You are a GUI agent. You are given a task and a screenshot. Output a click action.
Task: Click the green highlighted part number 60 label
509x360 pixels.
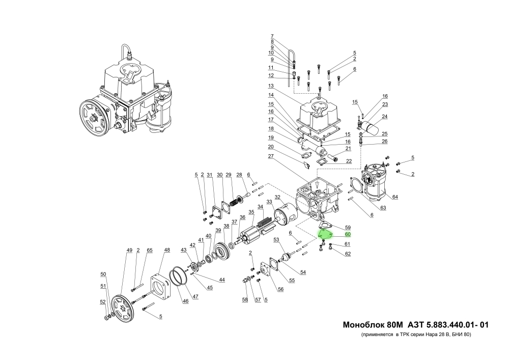tap(348, 235)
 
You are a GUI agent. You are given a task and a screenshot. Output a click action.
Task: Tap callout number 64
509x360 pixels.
tap(395, 197)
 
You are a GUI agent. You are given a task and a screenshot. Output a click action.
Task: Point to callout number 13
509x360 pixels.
tap(271, 86)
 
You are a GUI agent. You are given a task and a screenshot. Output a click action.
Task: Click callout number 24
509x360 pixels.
tap(385, 116)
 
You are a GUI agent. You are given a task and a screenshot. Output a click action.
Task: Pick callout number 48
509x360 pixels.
tap(166, 250)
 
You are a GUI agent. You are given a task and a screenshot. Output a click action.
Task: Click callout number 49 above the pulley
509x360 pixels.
tap(129, 250)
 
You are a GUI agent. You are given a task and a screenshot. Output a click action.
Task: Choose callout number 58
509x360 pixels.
tap(245, 299)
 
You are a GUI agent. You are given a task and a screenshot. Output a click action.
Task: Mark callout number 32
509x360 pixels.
tap(277, 197)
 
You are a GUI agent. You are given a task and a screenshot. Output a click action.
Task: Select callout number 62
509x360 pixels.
tap(348, 254)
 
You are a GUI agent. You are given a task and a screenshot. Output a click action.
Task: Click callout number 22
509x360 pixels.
tap(349, 161)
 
